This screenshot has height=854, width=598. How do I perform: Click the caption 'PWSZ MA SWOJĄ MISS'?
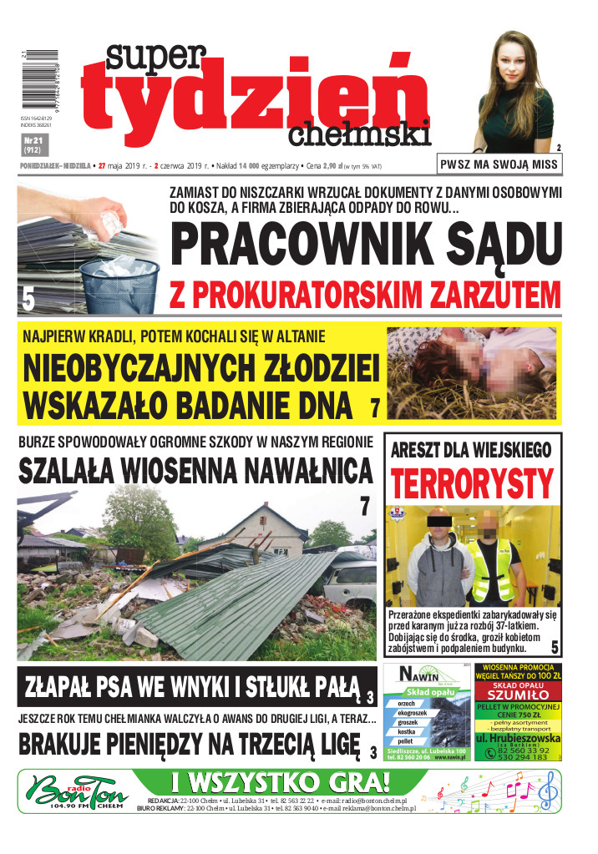pos(499,164)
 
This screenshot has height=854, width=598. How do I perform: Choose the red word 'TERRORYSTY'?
pos(472,482)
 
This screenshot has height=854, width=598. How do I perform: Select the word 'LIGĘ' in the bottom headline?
pos(320,742)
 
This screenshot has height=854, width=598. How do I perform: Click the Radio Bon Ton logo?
pos(73,789)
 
